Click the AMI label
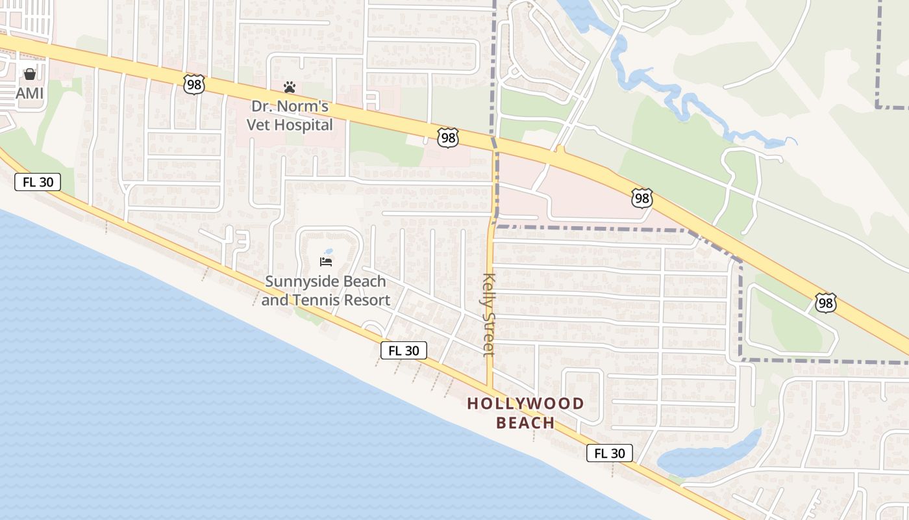click(30, 94)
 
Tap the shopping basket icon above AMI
click(30, 74)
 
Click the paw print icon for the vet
click(290, 86)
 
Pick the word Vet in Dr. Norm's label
click(260, 125)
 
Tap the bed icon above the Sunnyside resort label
click(326, 262)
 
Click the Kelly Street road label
click(489, 315)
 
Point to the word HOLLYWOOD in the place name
click(526, 404)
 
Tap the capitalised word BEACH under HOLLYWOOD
click(526, 422)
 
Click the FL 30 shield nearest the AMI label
click(38, 183)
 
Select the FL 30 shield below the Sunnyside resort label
click(404, 350)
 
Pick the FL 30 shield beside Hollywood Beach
click(609, 453)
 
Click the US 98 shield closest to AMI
click(194, 84)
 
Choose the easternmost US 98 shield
click(826, 303)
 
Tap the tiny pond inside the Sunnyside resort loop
click(329, 251)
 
